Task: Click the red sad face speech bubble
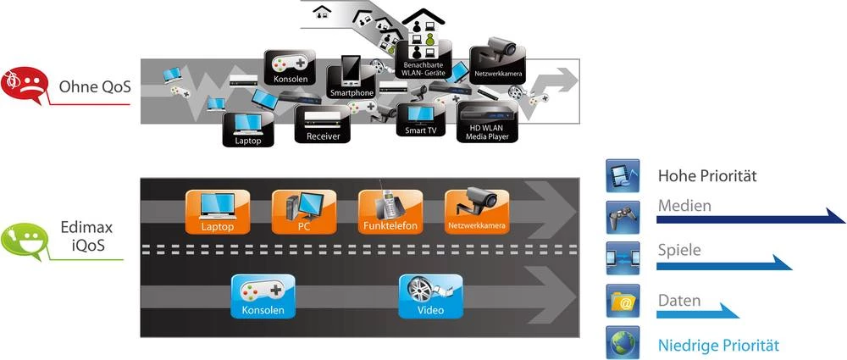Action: (23, 86)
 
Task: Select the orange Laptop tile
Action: (217, 212)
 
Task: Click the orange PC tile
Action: (303, 212)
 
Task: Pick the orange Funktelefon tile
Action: (390, 212)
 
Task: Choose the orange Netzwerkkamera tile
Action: (476, 212)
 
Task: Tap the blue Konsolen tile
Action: (263, 296)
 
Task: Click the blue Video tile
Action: (430, 296)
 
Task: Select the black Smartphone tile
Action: (352, 80)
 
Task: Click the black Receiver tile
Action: (322, 125)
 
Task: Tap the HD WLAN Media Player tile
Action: (487, 123)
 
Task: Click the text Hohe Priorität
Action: (706, 177)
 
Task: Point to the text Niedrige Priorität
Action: (717, 346)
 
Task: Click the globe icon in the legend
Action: (622, 343)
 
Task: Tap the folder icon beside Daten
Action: (622, 301)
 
